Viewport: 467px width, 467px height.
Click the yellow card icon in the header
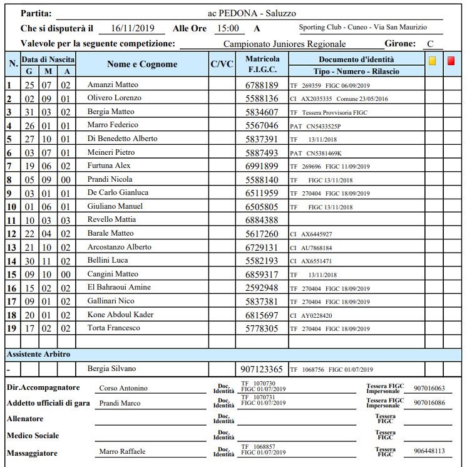pos(433,61)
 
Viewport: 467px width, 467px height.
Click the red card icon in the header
pos(451,61)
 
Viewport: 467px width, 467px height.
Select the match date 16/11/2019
pos(131,28)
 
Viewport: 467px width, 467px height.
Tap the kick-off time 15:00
pos(228,28)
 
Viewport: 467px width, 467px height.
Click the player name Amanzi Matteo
pos(113,85)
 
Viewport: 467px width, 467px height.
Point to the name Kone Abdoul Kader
pos(121,314)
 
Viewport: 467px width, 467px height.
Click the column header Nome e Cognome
pos(142,64)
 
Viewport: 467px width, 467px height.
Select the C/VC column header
pos(222,64)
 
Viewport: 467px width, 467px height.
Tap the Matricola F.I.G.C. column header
pos(262,64)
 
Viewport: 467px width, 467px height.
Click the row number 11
pos(11,220)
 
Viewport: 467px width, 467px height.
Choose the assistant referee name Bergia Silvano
pos(111,369)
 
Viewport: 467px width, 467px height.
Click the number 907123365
pos(262,369)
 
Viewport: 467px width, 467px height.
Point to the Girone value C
pos(429,44)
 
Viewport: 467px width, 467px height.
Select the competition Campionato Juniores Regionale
pos(284,45)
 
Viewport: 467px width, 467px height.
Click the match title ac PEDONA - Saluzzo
pos(252,13)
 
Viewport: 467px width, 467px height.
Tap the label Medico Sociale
pos(33,435)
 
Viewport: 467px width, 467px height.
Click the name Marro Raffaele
pos(122,451)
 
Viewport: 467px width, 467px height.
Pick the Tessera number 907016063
pos(429,388)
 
